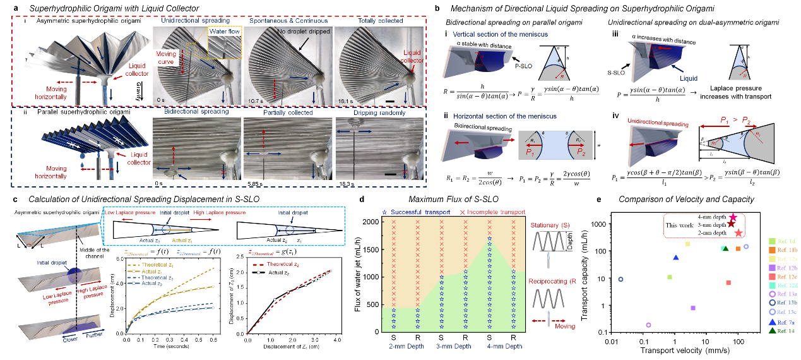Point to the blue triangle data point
[676, 258]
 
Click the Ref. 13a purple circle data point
[648, 325]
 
